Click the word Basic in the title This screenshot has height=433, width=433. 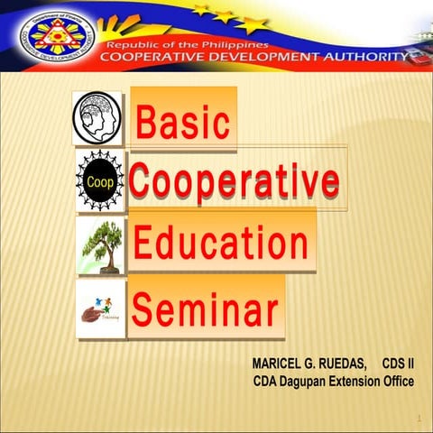click(183, 122)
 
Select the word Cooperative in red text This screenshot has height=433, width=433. click(234, 181)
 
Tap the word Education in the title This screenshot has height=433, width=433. click(220, 243)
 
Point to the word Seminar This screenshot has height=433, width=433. click(205, 309)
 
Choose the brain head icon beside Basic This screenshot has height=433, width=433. click(97, 119)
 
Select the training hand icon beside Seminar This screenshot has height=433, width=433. click(100, 308)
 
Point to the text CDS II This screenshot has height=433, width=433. click(398, 364)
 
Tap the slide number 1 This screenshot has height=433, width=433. click(419, 419)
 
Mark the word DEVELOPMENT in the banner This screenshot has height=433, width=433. click(257, 59)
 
